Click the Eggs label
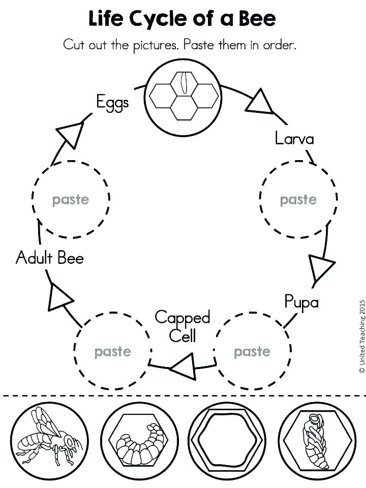pyautogui.click(x=112, y=103)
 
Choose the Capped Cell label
pyautogui.click(x=182, y=326)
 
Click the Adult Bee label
pyautogui.click(x=50, y=258)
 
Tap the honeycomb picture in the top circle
pyautogui.click(x=184, y=97)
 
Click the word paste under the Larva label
pyautogui.click(x=298, y=200)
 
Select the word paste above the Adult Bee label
pyautogui.click(x=70, y=200)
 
